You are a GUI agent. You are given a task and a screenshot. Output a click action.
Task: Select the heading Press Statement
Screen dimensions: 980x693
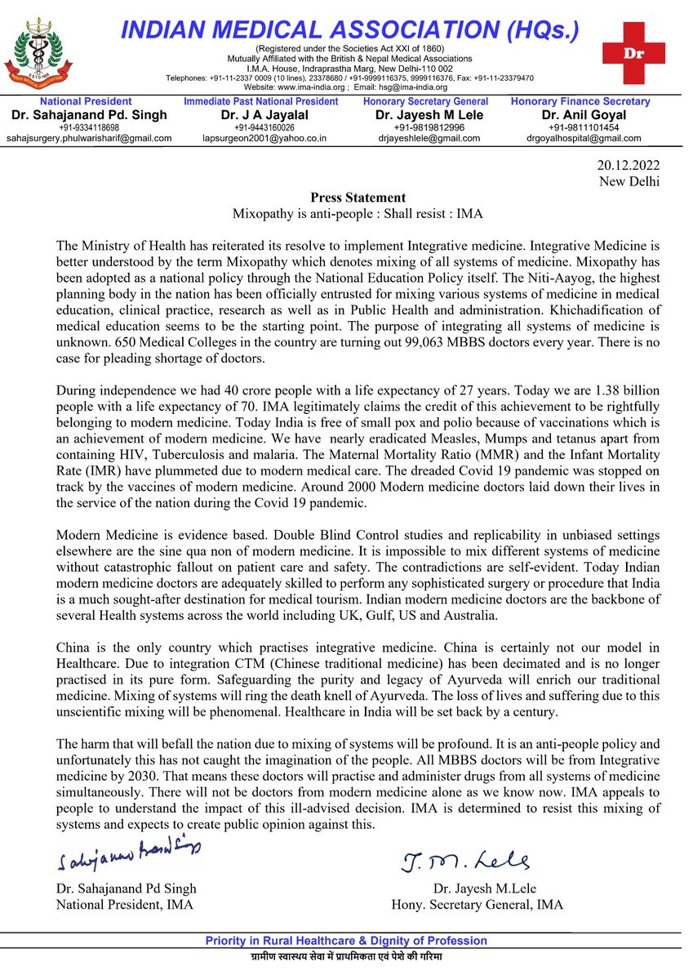tap(358, 198)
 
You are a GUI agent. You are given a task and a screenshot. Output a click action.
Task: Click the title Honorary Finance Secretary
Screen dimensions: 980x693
tap(580, 101)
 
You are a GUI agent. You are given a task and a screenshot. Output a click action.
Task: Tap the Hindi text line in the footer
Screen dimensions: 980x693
tap(345, 956)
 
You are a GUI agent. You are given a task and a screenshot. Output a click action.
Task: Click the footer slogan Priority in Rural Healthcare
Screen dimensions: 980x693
tap(345, 941)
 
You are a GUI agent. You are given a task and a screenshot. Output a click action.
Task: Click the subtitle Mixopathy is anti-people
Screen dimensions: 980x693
tap(358, 214)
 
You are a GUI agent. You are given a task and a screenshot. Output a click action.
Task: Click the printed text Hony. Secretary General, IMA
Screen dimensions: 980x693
tap(477, 904)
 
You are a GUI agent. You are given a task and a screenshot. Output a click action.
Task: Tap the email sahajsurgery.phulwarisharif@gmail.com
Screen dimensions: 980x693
tap(89, 138)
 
